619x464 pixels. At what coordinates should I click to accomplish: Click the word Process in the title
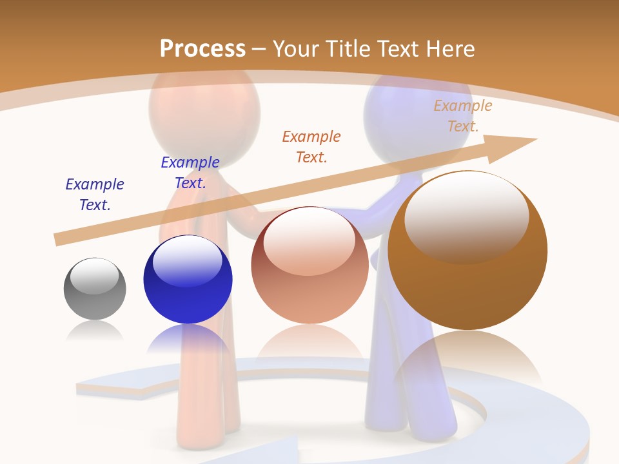click(202, 49)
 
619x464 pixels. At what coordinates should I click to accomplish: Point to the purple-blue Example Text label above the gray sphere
click(95, 195)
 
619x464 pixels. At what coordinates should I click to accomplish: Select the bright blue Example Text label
click(190, 173)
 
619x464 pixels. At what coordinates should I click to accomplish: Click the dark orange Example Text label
click(311, 147)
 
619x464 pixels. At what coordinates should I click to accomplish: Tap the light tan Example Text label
click(463, 116)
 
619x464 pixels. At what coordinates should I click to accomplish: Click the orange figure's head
click(204, 106)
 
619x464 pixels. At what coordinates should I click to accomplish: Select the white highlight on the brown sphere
click(466, 216)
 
